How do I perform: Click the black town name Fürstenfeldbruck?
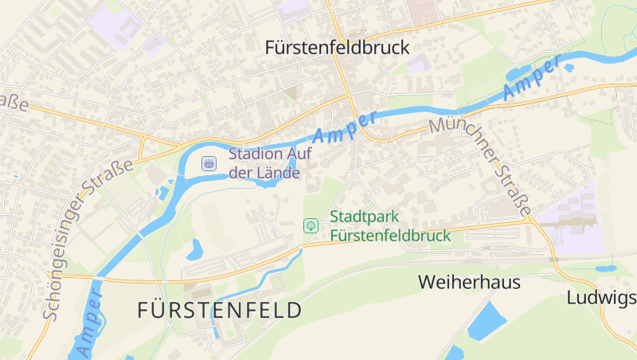coord(337,48)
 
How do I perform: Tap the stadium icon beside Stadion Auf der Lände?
coord(209,162)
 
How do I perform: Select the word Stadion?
coord(253,154)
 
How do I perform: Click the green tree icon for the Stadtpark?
coord(311,226)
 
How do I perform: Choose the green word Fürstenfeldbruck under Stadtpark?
coord(390,235)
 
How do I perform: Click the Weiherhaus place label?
coord(469,282)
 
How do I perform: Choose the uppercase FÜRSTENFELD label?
coord(220,310)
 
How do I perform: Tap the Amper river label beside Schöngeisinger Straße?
coord(88,325)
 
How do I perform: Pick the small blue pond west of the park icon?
coord(194,251)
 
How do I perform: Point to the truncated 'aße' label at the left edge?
coord(14,104)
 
